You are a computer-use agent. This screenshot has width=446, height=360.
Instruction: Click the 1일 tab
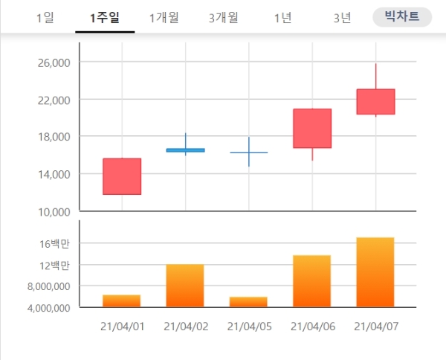coord(45,17)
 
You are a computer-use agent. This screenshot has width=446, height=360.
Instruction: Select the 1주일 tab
coord(105,17)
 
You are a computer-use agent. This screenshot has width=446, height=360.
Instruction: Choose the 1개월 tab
coord(164,17)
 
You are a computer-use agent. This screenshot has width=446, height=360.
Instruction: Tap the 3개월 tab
coord(224,17)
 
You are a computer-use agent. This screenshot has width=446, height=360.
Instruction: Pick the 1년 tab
coord(282,17)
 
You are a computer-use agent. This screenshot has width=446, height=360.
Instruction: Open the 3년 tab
coord(342,17)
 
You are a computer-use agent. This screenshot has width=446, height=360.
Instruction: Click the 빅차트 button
coord(401,16)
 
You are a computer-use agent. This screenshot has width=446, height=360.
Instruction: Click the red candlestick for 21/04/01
coord(122,176)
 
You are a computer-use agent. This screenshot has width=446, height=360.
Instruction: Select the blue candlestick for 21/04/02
coord(185,150)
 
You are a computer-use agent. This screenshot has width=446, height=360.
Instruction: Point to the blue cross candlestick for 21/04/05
coord(249,152)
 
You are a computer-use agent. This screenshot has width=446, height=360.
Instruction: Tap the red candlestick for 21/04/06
coord(312,129)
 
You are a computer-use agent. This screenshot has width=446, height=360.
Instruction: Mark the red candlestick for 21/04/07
coord(375,102)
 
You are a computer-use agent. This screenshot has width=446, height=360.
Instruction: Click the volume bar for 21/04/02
coord(185,286)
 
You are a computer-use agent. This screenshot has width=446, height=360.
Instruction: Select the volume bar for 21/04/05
coord(249,302)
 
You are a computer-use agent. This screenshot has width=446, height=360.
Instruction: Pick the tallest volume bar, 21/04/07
coord(375,272)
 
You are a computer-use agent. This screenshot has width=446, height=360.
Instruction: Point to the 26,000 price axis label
coord(52,62)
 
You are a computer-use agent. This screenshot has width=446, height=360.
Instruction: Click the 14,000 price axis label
coord(52,174)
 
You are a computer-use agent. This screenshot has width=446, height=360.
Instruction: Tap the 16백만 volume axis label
coord(54,243)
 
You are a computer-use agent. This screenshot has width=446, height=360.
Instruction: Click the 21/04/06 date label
coord(312,327)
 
